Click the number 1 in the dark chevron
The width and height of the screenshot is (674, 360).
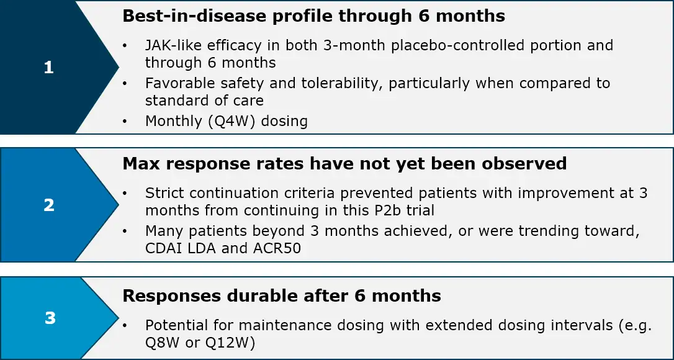pyautogui.click(x=48, y=68)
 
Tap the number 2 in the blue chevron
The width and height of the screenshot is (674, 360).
pyautogui.click(x=49, y=205)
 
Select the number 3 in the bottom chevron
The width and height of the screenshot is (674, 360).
pyautogui.click(x=50, y=318)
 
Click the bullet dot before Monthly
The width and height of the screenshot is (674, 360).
pyautogui.click(x=125, y=122)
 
